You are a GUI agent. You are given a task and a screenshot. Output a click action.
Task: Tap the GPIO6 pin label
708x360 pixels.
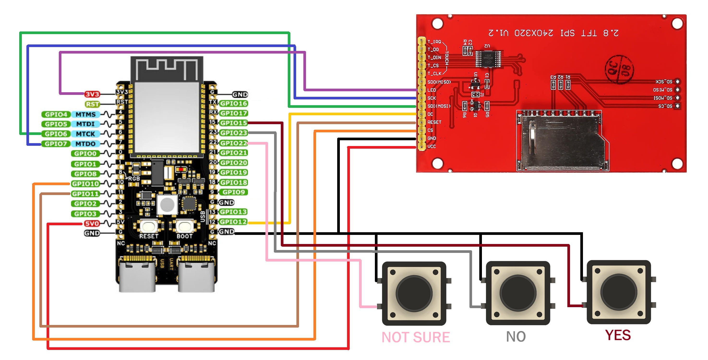coord(56,134)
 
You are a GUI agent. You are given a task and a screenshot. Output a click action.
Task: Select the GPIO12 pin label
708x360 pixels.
coord(234,222)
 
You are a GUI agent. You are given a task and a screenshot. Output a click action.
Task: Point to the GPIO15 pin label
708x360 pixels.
coord(234,123)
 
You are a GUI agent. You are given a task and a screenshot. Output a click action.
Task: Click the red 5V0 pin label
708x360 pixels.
coord(92,223)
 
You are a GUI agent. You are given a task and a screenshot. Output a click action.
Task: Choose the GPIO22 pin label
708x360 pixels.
coord(234,143)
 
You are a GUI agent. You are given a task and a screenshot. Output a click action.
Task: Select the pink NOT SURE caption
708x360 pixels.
coord(416,337)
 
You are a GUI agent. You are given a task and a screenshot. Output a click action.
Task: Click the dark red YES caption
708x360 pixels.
coord(618,335)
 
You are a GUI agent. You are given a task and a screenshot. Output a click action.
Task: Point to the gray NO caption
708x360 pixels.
coord(516,337)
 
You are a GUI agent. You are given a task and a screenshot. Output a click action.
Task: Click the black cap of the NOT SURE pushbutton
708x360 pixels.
coord(414,293)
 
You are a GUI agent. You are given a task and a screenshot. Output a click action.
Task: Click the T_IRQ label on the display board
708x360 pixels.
coord(434,42)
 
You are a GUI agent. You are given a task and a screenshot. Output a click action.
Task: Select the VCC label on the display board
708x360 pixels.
coord(432,146)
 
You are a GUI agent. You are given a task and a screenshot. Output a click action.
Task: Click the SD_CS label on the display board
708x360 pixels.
coord(665,106)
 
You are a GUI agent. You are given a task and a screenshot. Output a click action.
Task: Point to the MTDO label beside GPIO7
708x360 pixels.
coord(85,144)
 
